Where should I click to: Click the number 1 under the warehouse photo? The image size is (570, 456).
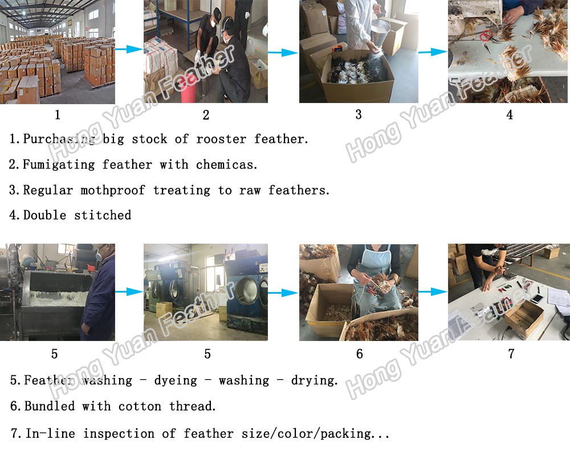[57, 115]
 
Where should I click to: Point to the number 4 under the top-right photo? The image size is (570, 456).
[510, 115]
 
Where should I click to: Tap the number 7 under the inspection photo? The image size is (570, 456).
[511, 354]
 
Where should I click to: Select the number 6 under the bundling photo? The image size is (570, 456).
[359, 354]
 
